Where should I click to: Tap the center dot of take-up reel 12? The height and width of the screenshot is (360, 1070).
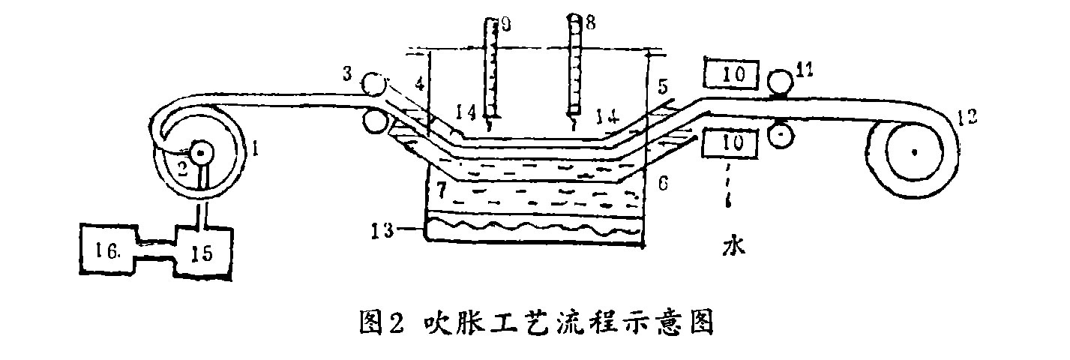(x=915, y=151)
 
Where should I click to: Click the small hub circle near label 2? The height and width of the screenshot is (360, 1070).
(x=202, y=153)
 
